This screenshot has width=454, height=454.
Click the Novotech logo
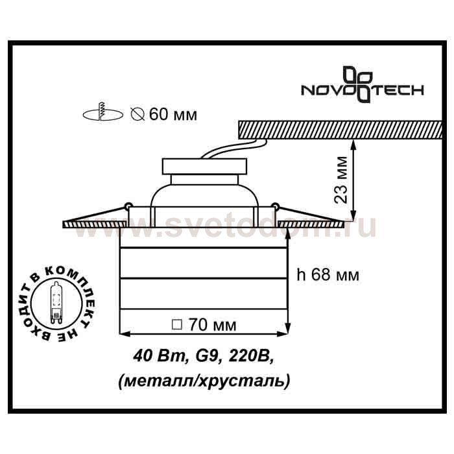[363, 85]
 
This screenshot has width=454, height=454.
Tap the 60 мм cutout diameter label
[173, 114]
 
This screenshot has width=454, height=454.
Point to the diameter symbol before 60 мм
[137, 113]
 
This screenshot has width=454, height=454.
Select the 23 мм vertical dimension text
[341, 180]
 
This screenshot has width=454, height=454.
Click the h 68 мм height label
[328, 274]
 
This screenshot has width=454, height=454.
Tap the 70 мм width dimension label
[213, 325]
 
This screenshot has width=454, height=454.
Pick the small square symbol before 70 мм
[177, 324]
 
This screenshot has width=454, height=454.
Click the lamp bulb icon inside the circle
[56, 302]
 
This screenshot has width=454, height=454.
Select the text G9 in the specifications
[206, 356]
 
